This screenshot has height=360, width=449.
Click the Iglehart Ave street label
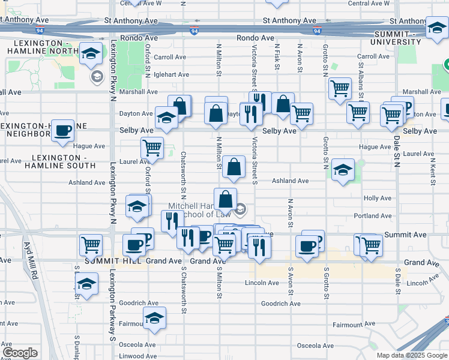click(171, 75)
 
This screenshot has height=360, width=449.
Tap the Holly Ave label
click(377, 198)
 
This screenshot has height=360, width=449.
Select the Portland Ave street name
click(373, 216)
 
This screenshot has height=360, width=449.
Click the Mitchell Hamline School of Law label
click(199, 210)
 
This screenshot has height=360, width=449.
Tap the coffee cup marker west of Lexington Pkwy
click(62, 131)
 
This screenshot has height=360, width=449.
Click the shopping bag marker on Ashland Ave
click(234, 167)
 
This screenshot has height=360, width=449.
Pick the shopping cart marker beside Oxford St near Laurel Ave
click(152, 146)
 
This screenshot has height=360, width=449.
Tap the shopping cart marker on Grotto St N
click(340, 88)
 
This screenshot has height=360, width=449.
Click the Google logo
click(20, 353)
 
